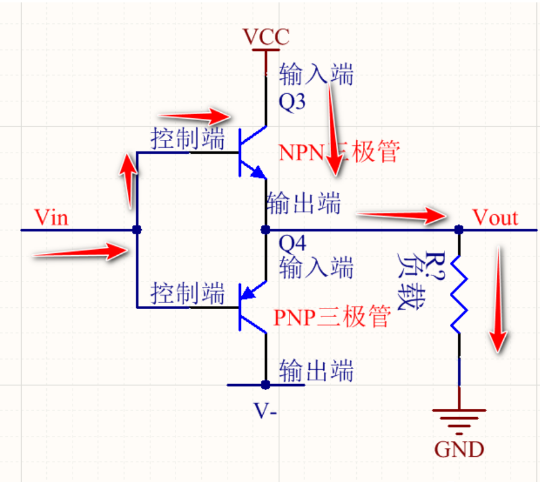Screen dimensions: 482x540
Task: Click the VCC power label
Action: click(266, 37)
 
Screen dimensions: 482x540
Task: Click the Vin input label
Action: click(52, 217)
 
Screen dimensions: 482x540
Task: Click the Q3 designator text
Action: click(293, 102)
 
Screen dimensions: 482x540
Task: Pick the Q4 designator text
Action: click(293, 244)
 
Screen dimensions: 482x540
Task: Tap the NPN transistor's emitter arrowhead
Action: click(258, 173)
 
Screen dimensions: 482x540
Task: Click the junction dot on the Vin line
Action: click(137, 229)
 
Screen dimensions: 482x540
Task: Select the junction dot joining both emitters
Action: click(265, 229)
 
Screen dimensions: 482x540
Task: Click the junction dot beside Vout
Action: click(460, 229)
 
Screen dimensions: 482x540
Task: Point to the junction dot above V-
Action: click(265, 384)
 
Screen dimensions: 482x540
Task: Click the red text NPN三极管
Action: click(339, 152)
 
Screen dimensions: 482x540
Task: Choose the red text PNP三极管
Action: click(332, 316)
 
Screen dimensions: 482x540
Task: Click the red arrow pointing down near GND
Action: click(499, 300)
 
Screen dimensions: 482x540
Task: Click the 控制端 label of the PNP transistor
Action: click(187, 294)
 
